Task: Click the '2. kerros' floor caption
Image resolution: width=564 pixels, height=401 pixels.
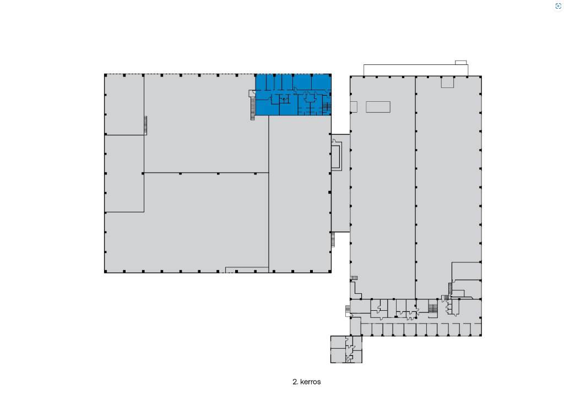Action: pyautogui.click(x=306, y=382)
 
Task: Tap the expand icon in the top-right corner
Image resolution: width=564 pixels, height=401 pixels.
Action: pyautogui.click(x=558, y=6)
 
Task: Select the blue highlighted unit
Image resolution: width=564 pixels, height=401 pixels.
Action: pyautogui.click(x=293, y=95)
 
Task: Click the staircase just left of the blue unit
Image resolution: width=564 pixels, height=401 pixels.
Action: pyautogui.click(x=252, y=108)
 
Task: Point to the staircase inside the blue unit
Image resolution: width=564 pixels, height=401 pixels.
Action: pyautogui.click(x=326, y=106)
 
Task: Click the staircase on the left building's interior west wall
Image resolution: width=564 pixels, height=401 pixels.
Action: pyautogui.click(x=145, y=125)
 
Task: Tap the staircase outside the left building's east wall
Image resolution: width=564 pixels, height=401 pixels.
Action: pyautogui.click(x=333, y=239)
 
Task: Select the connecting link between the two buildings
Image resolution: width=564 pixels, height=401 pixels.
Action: pyautogui.click(x=340, y=183)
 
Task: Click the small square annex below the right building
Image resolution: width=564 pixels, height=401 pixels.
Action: pyautogui.click(x=346, y=349)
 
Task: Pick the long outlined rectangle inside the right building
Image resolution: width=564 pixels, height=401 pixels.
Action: pyautogui.click(x=378, y=107)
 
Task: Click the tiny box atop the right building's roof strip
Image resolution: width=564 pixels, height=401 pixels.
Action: pyautogui.click(x=461, y=63)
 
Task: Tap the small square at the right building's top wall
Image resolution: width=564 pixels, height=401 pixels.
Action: pyautogui.click(x=447, y=82)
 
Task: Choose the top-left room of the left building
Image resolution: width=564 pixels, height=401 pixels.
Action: pyautogui.click(x=124, y=105)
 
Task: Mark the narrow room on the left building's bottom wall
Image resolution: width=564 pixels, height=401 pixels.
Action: pyautogui.click(x=247, y=270)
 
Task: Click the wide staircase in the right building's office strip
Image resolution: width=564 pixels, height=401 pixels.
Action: pyautogui.click(x=433, y=308)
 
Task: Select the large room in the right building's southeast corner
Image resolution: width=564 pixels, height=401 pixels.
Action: pyautogui.click(x=467, y=271)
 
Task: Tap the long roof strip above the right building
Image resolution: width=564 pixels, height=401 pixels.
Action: pyautogui.click(x=416, y=70)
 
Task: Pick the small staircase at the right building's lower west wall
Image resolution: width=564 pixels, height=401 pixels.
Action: pyautogui.click(x=354, y=278)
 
